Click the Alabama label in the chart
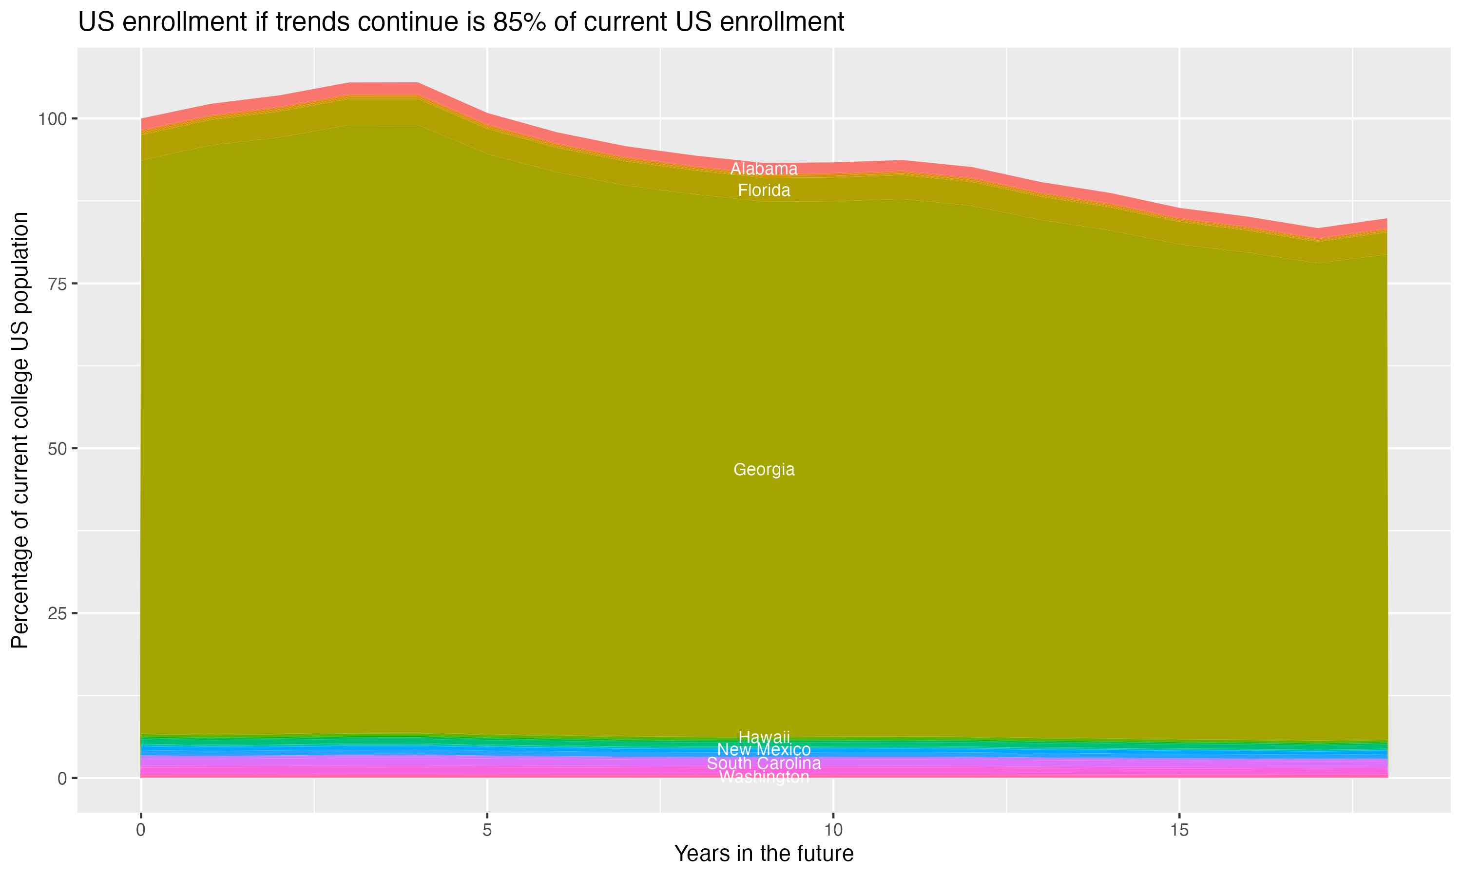(764, 169)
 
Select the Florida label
(764, 191)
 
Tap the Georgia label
(764, 469)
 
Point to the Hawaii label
(764, 737)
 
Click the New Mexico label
(764, 749)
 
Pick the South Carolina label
(764, 763)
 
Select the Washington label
(764, 777)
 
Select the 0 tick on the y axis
(61, 778)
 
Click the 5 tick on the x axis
(487, 830)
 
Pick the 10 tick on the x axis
(833, 830)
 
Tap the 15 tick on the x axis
(1179, 830)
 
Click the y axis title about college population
(20, 430)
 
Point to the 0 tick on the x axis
(141, 830)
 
